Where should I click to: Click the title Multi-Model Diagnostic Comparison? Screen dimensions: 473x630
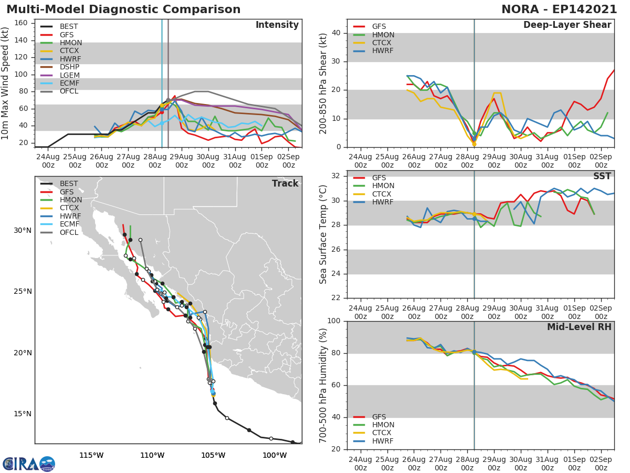pyautogui.click(x=123, y=9)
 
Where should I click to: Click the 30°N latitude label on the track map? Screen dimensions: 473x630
pyautogui.click(x=23, y=230)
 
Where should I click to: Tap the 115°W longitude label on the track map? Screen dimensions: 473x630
pyautogui.click(x=91, y=455)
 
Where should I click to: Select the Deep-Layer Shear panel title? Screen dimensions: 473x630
pyautogui.click(x=567, y=25)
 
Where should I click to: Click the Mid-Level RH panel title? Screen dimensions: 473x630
pyautogui.click(x=579, y=327)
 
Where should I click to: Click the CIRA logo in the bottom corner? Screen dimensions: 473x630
pyautogui.click(x=28, y=464)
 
